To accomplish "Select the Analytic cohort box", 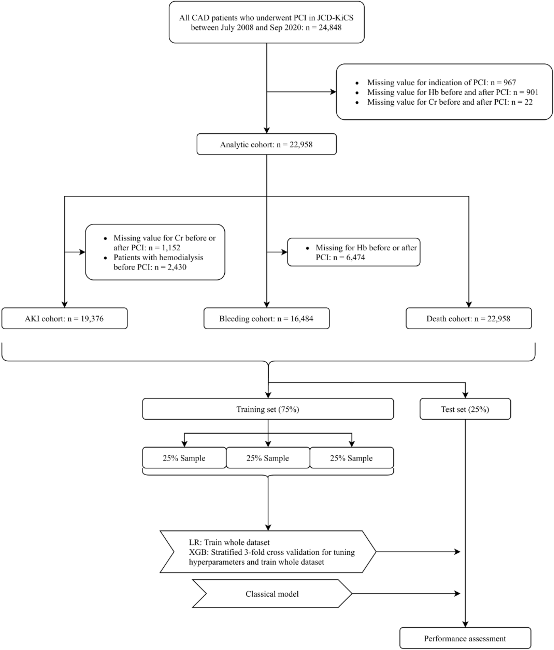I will pos(266,144).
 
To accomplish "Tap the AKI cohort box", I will pos(64,318).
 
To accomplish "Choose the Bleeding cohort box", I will pos(266,318).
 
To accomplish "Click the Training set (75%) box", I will pos(268,409).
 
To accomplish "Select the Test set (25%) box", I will pos(465,409).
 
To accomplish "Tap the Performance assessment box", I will pos(465,638).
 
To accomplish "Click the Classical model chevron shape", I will pos(272,594).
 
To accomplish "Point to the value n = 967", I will pos(503,82).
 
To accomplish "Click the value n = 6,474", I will pos(349,257).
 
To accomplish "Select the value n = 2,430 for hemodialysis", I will pos(170,267).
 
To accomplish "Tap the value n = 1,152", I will pos(164,247).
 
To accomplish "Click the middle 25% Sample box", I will pos(268,458).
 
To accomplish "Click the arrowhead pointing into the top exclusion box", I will pos(333,92).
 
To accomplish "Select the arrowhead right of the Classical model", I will pos(457,593).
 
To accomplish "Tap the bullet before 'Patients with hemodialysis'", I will pos(106,258).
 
